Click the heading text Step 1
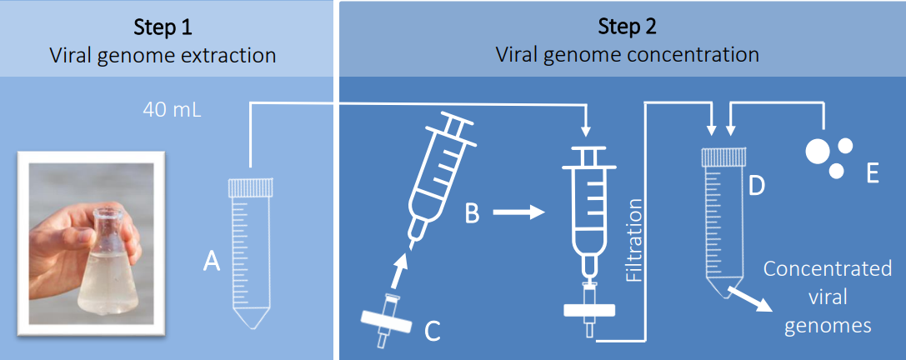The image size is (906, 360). [x=163, y=27]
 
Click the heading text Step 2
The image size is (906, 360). [x=627, y=27]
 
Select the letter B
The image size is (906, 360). [x=472, y=213]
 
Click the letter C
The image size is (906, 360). [x=432, y=331]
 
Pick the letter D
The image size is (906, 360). [x=756, y=185]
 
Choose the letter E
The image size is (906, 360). [x=873, y=173]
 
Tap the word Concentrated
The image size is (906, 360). [x=828, y=269]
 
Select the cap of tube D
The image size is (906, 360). [x=722, y=156]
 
